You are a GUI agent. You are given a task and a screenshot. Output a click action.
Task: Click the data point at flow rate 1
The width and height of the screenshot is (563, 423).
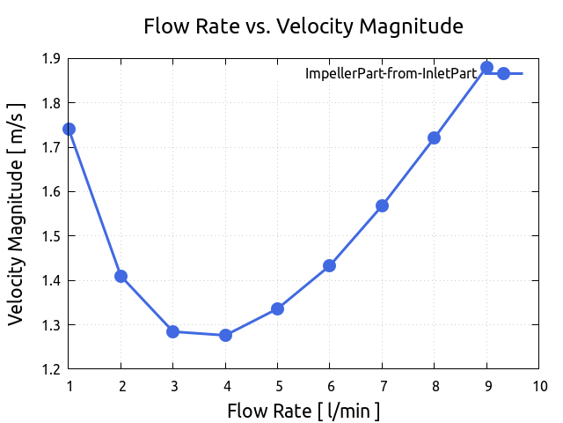tap(69, 129)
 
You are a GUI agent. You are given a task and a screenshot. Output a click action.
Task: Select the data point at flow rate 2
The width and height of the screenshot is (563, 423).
tap(121, 276)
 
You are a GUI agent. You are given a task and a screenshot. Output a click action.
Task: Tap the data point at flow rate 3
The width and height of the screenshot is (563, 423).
tap(173, 332)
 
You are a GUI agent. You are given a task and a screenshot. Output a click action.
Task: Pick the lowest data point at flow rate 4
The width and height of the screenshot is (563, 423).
tap(225, 335)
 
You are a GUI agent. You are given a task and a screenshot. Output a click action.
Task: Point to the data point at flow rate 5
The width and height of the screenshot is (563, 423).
tap(277, 308)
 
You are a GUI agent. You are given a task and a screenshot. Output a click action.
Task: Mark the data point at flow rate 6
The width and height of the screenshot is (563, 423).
tap(329, 265)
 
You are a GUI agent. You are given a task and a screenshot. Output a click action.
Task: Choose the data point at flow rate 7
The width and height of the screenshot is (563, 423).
tap(382, 205)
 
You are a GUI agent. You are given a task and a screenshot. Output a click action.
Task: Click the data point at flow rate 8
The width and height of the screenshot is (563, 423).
tap(434, 137)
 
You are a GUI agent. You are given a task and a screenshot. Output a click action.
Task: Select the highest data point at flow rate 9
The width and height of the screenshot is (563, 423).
tap(486, 68)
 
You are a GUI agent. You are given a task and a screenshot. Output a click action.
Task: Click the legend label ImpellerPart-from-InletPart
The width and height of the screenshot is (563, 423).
tap(391, 74)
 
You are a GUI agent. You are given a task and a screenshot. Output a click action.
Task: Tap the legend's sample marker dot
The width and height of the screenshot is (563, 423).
tap(503, 73)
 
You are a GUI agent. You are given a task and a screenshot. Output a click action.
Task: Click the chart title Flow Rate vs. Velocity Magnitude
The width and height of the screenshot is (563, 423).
tap(303, 26)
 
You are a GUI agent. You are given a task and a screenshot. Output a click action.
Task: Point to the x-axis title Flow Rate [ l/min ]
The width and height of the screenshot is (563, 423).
tap(303, 411)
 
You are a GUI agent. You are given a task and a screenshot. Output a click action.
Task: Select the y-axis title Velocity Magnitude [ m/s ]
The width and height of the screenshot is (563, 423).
tap(17, 213)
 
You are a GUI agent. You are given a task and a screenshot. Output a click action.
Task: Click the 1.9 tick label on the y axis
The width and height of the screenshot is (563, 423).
tap(50, 59)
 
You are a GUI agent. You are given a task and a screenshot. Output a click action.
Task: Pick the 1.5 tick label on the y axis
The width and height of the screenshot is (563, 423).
tap(50, 236)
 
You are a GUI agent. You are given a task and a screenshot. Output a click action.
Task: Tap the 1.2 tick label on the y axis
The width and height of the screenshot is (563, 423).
tap(50, 369)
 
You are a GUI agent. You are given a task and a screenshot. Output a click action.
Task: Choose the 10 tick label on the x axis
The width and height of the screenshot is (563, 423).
tap(538, 386)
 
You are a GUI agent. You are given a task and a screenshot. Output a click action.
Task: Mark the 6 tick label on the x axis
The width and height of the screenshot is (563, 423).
tap(329, 386)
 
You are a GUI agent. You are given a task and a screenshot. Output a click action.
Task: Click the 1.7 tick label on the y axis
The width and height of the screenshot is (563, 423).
tap(50, 148)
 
